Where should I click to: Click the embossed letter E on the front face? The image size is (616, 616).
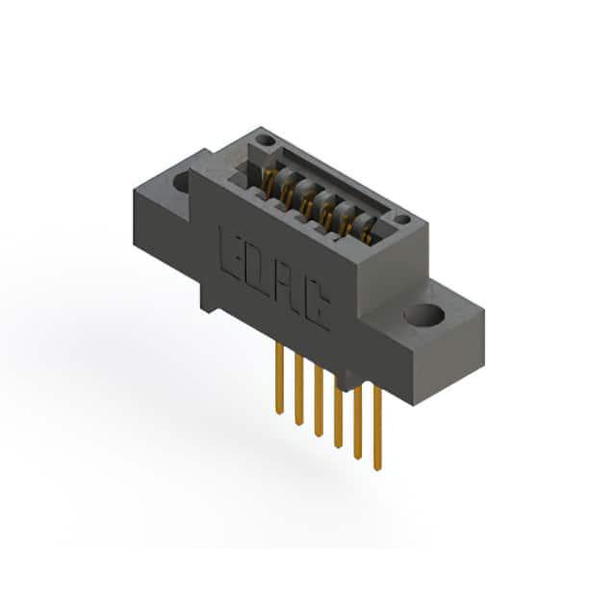[229, 254]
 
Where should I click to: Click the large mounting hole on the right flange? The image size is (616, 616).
[423, 316]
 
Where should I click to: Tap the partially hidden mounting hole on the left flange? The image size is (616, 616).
[182, 183]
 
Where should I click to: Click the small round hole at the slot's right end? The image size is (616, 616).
[402, 219]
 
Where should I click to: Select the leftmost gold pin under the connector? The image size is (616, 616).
[279, 377]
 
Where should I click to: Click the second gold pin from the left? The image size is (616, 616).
[299, 390]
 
